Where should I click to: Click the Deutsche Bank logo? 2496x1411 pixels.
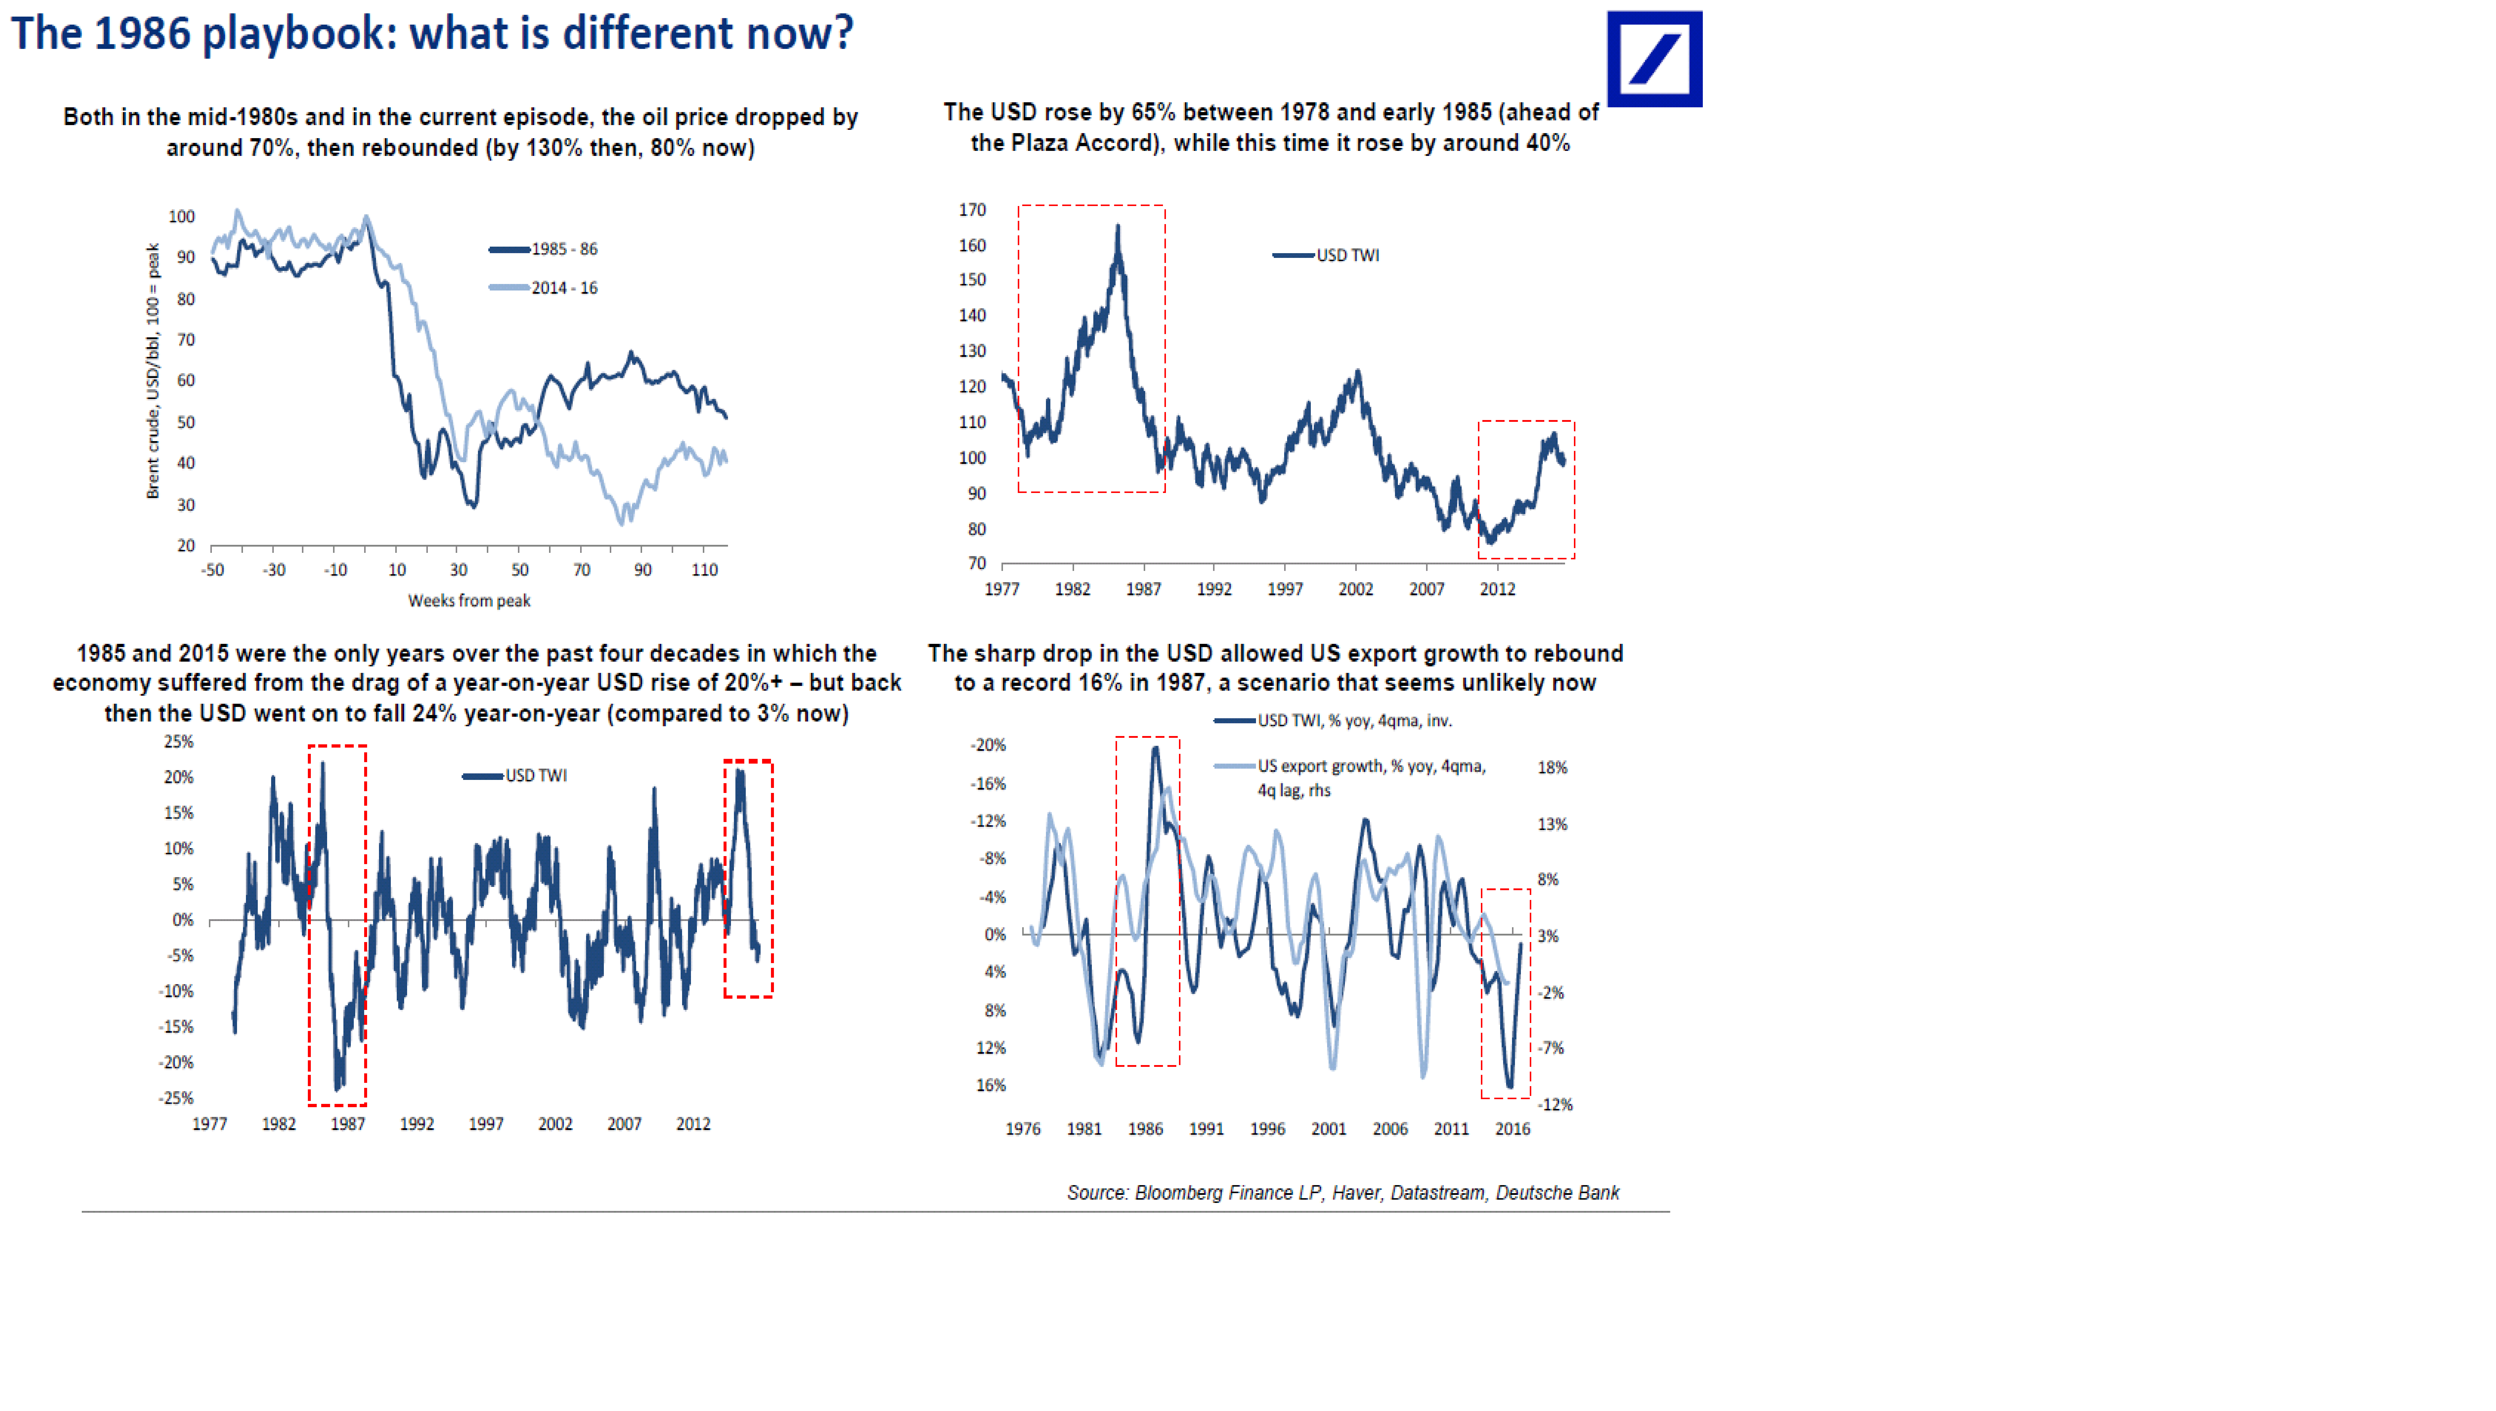pyautogui.click(x=1654, y=59)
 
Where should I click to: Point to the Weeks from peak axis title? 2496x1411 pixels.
pyautogui.click(x=469, y=601)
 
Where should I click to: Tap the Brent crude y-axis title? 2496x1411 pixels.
pyautogui.click(x=153, y=371)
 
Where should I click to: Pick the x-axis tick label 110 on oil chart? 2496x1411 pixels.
pyautogui.click(x=704, y=570)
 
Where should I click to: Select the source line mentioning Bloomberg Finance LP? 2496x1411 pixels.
pyautogui.click(x=1343, y=1193)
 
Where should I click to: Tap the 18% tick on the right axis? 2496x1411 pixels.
pyautogui.click(x=1552, y=767)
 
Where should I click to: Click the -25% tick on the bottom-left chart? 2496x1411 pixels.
pyautogui.click(x=176, y=1098)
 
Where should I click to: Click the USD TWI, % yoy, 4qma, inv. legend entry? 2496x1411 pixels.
pyautogui.click(x=1333, y=721)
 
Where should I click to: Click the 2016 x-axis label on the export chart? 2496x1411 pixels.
pyautogui.click(x=1513, y=1129)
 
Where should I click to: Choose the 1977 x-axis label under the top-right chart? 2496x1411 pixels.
pyautogui.click(x=1002, y=589)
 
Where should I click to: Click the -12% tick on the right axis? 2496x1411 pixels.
pyautogui.click(x=1555, y=1105)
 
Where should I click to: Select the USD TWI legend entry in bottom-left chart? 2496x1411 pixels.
pyautogui.click(x=514, y=775)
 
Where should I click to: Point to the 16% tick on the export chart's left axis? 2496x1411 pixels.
pyautogui.click(x=991, y=1086)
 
